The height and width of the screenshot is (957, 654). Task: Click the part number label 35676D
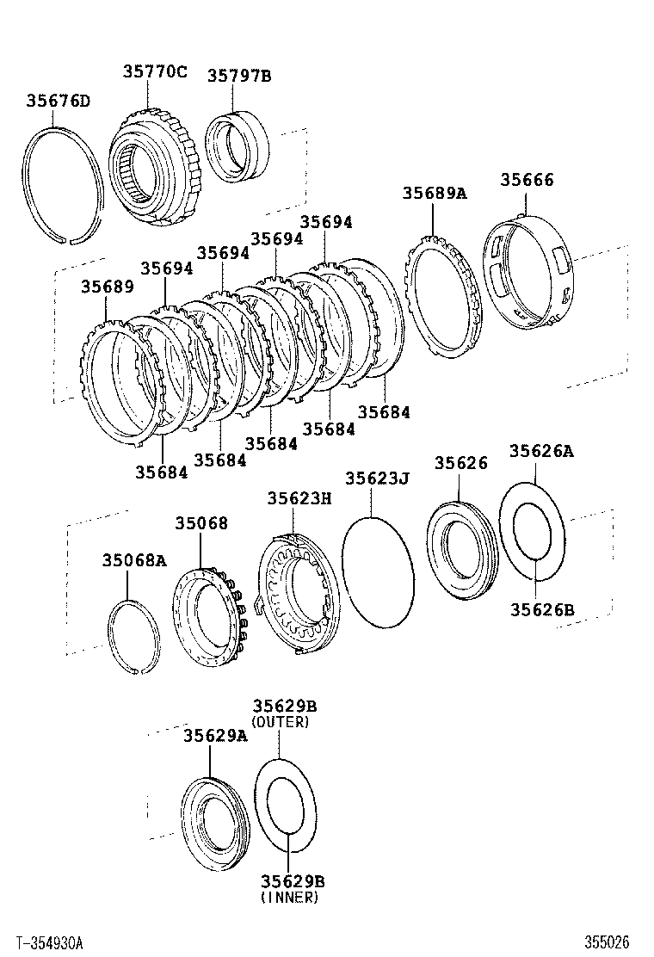coord(58,102)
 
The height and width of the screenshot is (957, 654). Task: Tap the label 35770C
coord(154,71)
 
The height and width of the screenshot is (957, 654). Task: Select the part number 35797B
coord(238,76)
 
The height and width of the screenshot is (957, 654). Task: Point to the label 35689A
coord(434,193)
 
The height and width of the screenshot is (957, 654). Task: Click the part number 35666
coord(528,180)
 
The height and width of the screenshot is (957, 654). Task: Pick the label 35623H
coord(299,498)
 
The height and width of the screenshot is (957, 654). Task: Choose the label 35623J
coord(377,478)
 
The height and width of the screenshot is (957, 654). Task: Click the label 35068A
coord(133,561)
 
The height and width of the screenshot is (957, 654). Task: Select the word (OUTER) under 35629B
coord(280,722)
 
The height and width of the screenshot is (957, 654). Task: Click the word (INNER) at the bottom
coord(288,898)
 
